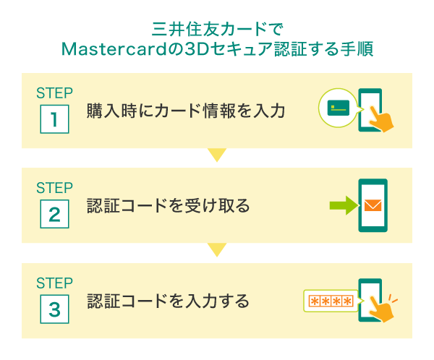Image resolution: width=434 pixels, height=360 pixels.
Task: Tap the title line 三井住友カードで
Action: pyautogui.click(x=216, y=30)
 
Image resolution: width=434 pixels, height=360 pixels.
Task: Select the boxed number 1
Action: pyautogui.click(x=54, y=119)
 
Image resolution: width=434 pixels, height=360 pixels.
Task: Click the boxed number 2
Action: pyautogui.click(x=54, y=213)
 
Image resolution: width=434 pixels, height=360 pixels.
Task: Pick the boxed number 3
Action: pyautogui.click(x=54, y=309)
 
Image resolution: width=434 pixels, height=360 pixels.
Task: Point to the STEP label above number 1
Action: pyautogui.click(x=54, y=93)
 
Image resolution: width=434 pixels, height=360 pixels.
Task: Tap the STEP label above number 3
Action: pyautogui.click(x=54, y=283)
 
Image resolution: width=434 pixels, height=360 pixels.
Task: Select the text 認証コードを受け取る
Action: pyautogui.click(x=168, y=206)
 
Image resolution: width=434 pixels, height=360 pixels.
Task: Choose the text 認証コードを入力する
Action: pyautogui.click(x=168, y=301)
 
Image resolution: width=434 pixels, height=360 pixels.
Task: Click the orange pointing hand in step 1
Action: pyautogui.click(x=380, y=119)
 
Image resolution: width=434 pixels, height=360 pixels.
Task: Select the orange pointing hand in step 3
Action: pyautogui.click(x=380, y=309)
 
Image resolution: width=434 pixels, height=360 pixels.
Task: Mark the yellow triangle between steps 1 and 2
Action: pyautogui.click(x=216, y=155)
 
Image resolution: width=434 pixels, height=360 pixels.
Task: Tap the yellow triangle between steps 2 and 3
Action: pyautogui.click(x=216, y=250)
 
